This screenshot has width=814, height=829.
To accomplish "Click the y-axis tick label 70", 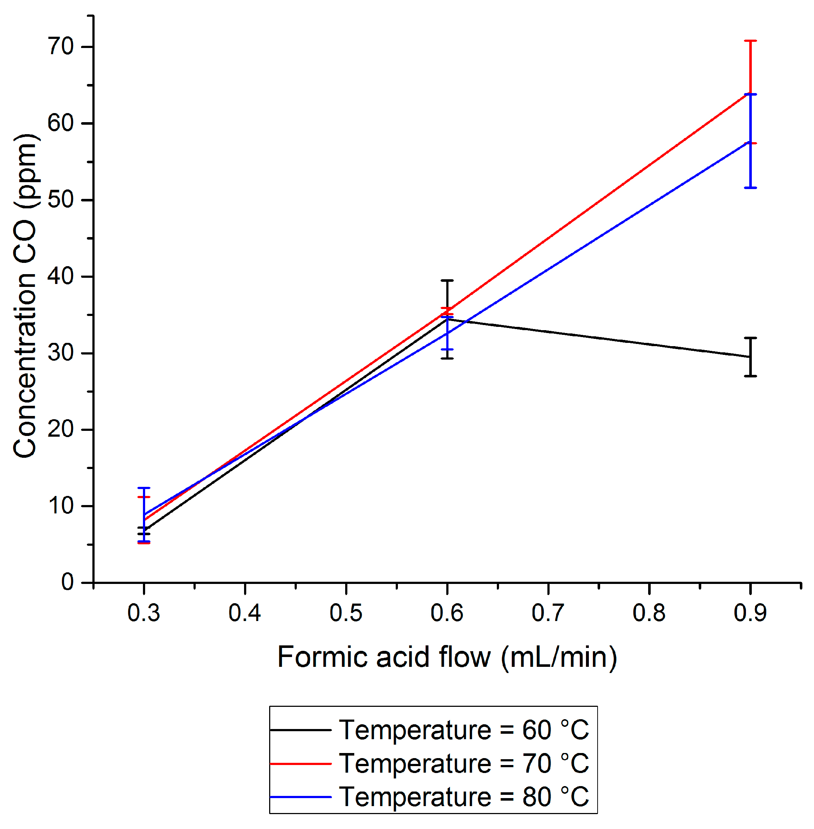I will coord(61,46).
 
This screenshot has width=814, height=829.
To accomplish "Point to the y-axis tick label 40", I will coord(61,276).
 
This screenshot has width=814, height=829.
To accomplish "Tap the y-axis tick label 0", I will coord(68,582).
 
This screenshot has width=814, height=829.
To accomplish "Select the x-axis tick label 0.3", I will coord(144,613).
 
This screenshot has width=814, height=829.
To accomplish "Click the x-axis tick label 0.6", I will coord(447,613).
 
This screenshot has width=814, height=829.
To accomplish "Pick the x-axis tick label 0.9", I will coord(750,613).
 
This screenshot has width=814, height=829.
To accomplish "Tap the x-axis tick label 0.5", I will coord(346,613).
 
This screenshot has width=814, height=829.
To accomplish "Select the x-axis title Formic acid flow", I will coord(447,657).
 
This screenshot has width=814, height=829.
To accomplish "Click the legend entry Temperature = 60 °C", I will coord(464,730).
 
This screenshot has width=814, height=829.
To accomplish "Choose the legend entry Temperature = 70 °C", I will coord(464,763).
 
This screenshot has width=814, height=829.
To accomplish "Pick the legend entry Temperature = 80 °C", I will coord(464,797).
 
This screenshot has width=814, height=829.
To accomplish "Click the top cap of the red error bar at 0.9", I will coord(750,41).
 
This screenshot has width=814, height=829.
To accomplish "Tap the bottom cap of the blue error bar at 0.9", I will coord(750,188).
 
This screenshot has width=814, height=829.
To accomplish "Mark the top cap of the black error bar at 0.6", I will coord(447,280).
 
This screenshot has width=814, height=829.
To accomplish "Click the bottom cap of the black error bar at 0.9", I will coord(750,376).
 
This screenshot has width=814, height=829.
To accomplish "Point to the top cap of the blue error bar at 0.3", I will coord(144,488).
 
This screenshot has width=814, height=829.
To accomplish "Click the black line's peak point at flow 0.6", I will coord(447,319).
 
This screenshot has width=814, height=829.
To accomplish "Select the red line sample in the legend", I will coord(300,763).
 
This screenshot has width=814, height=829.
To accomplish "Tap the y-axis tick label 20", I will coord(61,429).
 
